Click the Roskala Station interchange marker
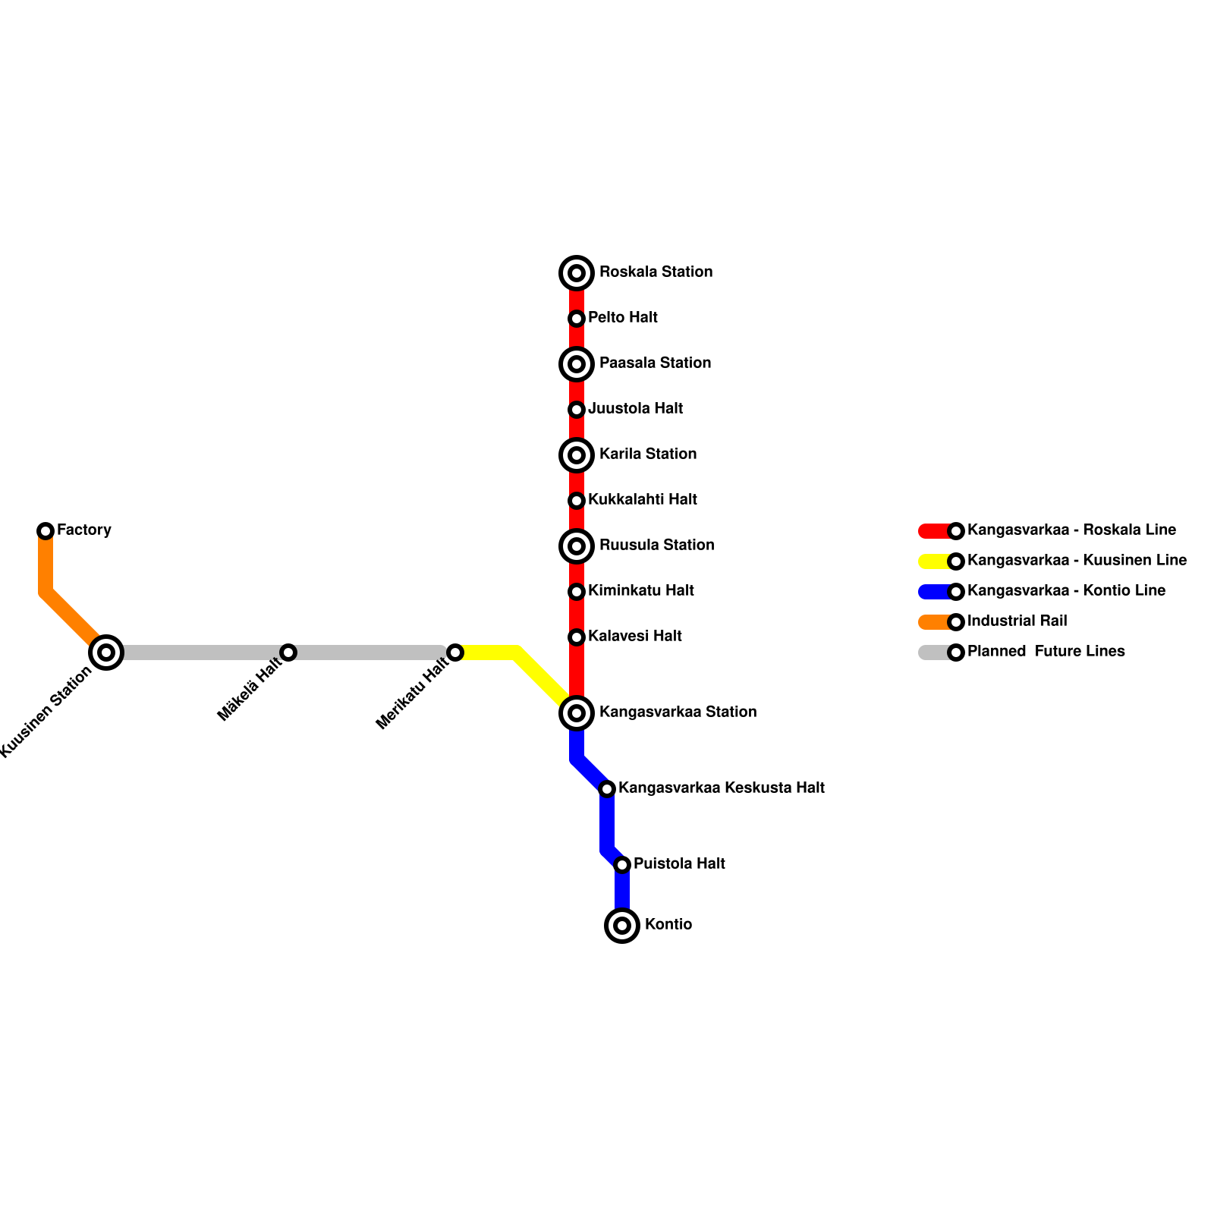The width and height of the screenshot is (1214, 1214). (x=577, y=273)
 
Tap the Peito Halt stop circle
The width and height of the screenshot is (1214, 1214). (x=577, y=319)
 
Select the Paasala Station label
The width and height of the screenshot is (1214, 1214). (x=655, y=363)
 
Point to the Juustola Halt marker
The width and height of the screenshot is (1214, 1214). (x=577, y=410)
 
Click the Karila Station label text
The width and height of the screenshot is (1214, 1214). (x=647, y=454)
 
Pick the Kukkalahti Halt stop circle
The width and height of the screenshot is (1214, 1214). (x=577, y=501)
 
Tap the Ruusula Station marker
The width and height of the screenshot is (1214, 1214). (x=577, y=546)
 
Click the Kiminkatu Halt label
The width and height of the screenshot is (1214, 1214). (x=640, y=591)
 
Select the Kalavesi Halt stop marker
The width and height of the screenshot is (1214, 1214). (x=577, y=637)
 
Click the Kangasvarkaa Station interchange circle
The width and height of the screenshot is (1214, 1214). (x=577, y=713)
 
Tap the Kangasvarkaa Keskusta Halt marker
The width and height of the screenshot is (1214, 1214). (x=607, y=789)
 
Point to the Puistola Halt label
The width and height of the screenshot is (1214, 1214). (x=679, y=864)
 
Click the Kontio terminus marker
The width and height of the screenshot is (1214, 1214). (x=622, y=926)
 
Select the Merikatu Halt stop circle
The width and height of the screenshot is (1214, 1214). (x=455, y=653)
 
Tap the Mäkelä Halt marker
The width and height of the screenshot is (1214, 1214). (x=288, y=653)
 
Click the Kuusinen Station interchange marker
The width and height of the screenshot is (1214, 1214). (x=106, y=653)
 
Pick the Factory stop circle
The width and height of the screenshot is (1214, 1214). (x=46, y=531)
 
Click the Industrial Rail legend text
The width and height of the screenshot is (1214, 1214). (x=1017, y=621)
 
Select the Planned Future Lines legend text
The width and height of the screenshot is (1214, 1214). (x=1046, y=652)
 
